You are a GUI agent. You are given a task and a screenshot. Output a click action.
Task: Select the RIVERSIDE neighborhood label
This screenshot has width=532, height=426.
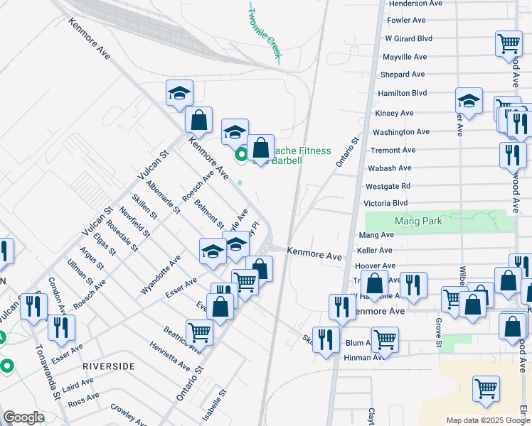pos(109,365)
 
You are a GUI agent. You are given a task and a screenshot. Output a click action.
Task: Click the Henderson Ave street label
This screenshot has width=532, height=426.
pos(415,4)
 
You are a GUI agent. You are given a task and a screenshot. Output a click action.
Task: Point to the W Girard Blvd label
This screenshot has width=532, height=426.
pos(408,38)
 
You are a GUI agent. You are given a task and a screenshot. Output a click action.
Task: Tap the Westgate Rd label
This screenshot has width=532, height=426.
pos(389,186)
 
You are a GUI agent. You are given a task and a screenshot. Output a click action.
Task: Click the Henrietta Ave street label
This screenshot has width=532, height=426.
pos(170,356)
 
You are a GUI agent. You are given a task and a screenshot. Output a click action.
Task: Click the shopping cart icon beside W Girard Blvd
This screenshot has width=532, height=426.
pos(509,43)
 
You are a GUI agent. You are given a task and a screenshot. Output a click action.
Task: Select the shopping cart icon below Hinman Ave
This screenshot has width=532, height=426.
pos(486,388)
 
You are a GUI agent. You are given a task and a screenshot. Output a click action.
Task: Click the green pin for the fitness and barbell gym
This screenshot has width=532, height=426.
pos(241,153)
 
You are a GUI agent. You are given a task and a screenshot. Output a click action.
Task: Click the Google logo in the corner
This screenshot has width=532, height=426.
pos(23,417)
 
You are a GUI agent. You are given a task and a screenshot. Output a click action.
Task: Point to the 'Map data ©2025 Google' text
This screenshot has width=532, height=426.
pos(488,420)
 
